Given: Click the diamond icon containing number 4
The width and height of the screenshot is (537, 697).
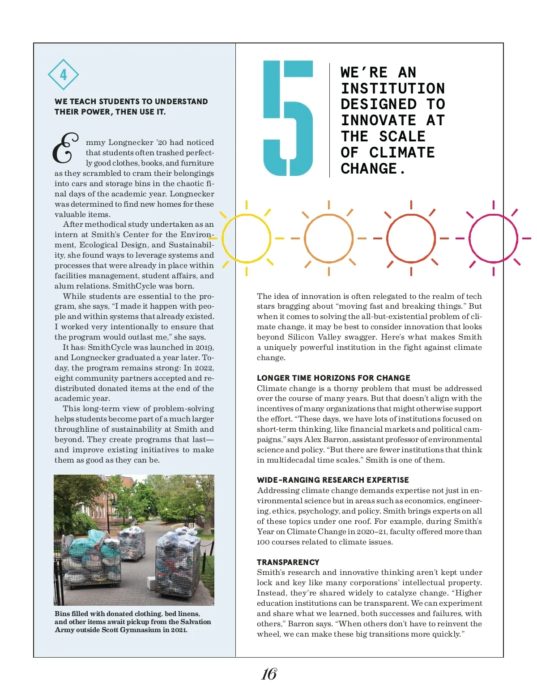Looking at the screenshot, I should [63, 75].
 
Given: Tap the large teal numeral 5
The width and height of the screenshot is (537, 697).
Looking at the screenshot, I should [288, 118].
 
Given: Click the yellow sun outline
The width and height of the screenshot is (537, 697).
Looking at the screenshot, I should [246, 238].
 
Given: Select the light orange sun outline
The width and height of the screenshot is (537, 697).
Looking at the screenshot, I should [328, 238].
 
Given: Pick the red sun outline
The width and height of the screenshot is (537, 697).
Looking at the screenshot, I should [411, 238].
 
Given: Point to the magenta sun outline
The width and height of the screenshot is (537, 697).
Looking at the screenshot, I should [493, 238].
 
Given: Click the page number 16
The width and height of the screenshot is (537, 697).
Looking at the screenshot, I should [269, 674].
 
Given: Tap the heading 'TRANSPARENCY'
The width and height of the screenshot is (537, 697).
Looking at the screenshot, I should [288, 562].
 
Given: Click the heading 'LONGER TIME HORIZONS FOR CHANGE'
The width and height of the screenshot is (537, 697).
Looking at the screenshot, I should [333, 378].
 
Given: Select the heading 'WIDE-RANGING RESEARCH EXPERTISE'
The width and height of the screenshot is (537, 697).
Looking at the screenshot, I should [333, 480].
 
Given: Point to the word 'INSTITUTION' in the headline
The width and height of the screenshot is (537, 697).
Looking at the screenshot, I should [393, 89].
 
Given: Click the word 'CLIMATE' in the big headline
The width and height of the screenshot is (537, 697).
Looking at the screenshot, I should [402, 153].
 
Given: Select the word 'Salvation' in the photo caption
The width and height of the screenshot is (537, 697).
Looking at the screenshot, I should [194, 622].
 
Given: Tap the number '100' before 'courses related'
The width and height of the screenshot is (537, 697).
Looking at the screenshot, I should [263, 542].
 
